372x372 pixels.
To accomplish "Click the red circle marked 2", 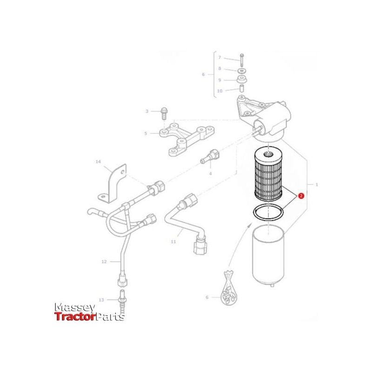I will coord(301,197).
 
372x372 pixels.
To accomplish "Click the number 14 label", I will coord(98,162).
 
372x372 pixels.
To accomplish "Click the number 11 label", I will coord(173,242).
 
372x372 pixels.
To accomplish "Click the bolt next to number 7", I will coord(242,59).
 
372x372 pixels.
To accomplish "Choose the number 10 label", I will coord(220,91).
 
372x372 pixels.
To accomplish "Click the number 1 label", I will coord(317,185).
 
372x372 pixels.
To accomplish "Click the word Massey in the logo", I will coord(75,308).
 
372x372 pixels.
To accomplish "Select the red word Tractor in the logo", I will coord(75,317).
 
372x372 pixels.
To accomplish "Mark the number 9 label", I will coord(220,80).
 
